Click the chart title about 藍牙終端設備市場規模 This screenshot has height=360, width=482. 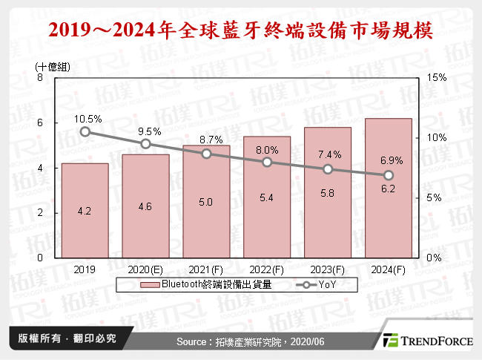coord(241,31)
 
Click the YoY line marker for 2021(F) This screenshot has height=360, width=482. coord(206,154)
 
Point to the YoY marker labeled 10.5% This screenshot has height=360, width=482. coord(85,132)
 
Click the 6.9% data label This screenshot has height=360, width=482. coord(388,161)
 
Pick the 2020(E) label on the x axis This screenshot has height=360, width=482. coord(145,269)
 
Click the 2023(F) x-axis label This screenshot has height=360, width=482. coord(327,269)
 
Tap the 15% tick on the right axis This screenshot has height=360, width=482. coord(437,78)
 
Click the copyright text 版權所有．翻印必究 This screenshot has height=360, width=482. coord(62,338)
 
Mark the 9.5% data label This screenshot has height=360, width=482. coord(145,131)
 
